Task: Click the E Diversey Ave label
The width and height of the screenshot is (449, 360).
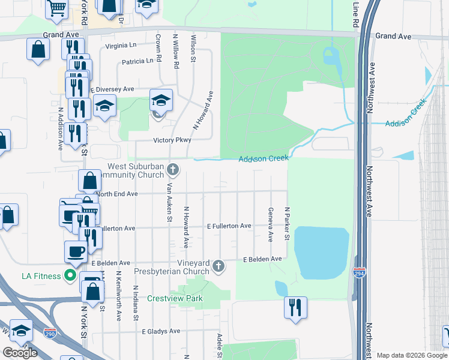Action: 112,89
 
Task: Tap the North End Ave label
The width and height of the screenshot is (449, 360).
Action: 116,194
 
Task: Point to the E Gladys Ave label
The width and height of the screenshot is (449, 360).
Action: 161,331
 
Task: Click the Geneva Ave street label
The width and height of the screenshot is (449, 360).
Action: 271,224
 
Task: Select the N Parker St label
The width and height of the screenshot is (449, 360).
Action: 288,224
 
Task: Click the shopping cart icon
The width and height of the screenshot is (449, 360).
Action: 56,8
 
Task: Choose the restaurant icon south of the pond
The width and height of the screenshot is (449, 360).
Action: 295,307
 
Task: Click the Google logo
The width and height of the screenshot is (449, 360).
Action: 20,353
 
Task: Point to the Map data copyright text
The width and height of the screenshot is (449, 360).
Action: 411,355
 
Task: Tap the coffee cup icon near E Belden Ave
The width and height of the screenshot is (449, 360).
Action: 76,251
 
